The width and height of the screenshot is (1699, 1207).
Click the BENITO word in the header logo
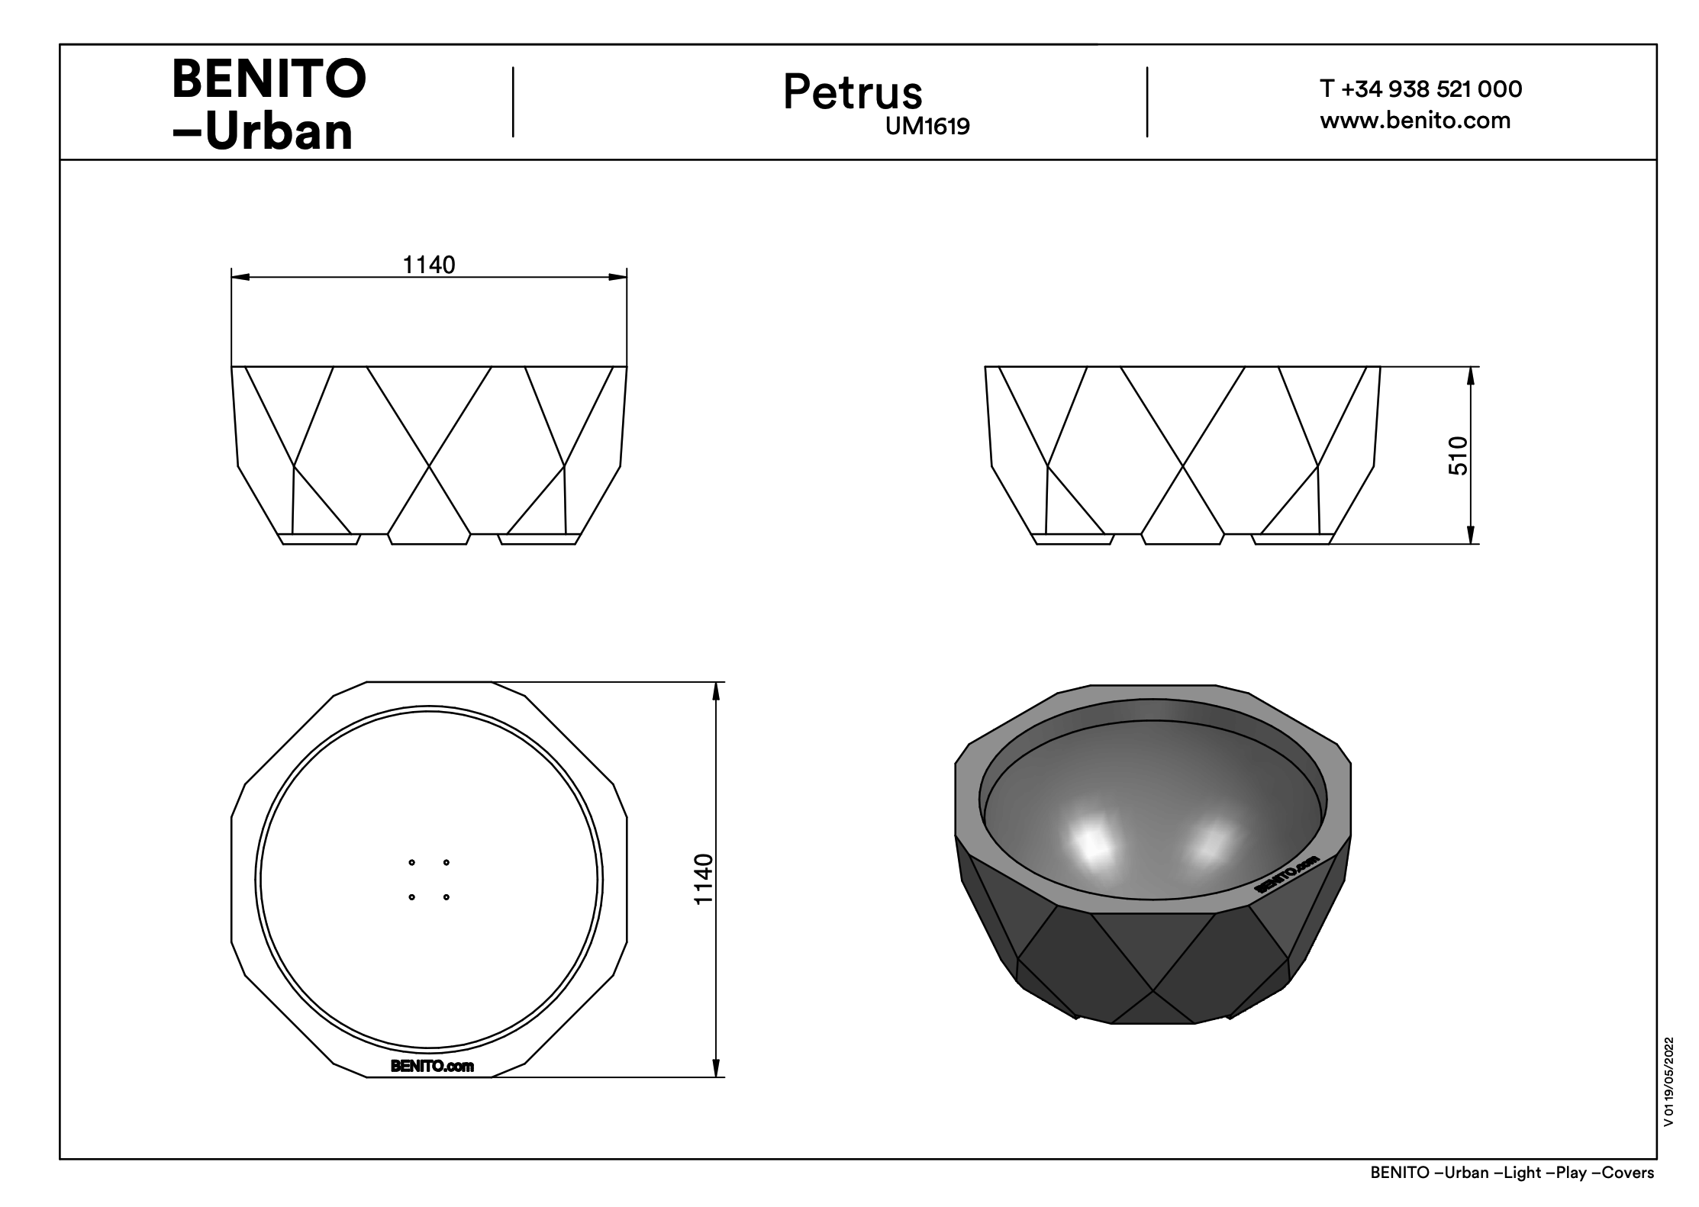coord(269,79)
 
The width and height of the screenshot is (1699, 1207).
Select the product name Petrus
coord(853,92)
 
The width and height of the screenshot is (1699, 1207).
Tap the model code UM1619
coord(927,126)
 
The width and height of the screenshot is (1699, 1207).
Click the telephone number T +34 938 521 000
coord(1421,89)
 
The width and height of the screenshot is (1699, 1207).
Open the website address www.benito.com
coord(1415,121)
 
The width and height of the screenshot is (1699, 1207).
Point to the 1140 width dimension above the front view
coord(429,265)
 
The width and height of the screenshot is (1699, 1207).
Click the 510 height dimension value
coord(1458,455)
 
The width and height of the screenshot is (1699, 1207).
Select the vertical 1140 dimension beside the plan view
coord(703,879)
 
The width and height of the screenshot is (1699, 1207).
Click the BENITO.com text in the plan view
coord(432,1066)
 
